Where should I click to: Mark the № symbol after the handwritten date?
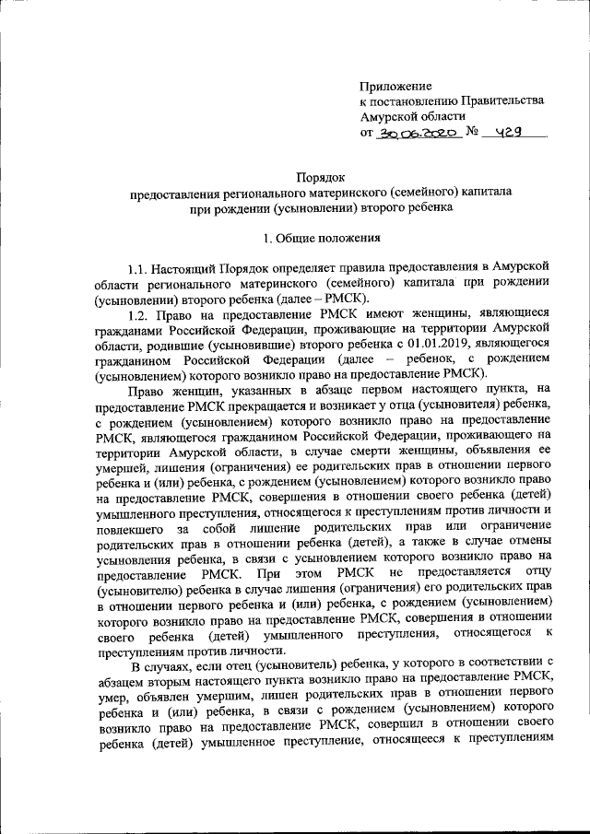pos(471,133)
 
